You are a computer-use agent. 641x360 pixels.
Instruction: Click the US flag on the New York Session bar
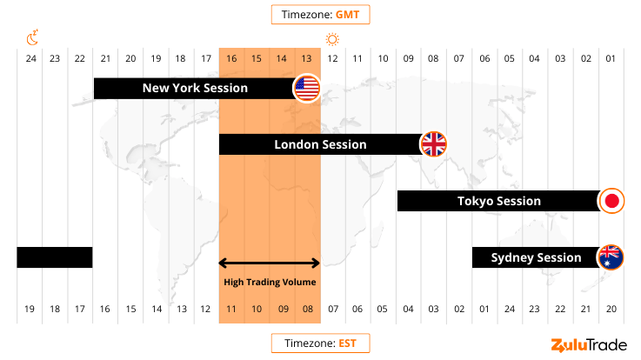(307, 88)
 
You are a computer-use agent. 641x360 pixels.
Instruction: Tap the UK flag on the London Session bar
(433, 144)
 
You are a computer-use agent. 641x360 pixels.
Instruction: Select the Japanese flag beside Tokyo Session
(611, 201)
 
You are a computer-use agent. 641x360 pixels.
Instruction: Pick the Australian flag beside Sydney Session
(611, 257)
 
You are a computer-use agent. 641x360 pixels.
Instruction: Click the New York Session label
(195, 88)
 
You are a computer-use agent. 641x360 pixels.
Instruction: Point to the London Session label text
(320, 144)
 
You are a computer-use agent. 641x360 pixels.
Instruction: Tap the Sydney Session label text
(536, 257)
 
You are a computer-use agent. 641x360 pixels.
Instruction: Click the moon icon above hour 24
(31, 38)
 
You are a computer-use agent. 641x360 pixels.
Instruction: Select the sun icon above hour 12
(332, 39)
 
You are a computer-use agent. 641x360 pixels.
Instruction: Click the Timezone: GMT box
(320, 15)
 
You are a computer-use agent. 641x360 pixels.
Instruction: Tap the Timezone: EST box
(320, 343)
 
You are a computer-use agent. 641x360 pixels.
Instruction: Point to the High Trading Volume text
(270, 282)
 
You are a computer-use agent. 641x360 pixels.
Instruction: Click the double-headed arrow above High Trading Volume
(270, 263)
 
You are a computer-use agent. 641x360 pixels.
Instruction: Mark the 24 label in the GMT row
(30, 58)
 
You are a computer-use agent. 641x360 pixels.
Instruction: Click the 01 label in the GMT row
(611, 58)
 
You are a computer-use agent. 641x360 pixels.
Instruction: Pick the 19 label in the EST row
(30, 310)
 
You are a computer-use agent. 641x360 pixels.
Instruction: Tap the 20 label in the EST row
(611, 310)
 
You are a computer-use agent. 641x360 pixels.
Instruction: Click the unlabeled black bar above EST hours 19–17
(55, 257)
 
